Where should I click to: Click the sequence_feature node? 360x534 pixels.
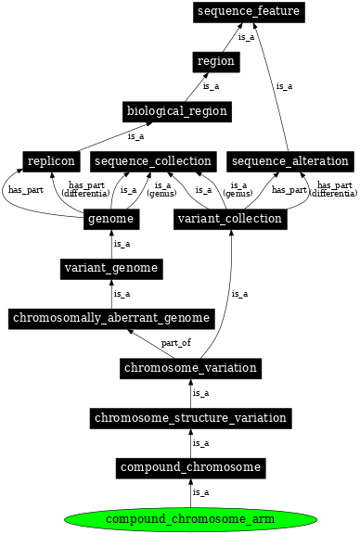249,11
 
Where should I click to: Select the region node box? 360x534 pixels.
216,61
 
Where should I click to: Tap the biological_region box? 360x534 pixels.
176,111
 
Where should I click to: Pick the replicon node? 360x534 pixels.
51,161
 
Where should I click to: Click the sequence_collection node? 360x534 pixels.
152,161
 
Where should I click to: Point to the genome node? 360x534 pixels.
111,219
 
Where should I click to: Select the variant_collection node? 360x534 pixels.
228,219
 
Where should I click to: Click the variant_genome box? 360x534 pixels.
111,269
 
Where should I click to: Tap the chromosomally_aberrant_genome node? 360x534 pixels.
111,319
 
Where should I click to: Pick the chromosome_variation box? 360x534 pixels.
189,368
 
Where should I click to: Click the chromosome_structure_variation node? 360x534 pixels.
189,418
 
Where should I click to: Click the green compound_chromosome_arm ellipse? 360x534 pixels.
189,518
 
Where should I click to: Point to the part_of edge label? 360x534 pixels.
175,343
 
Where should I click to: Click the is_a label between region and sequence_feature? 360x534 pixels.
246,37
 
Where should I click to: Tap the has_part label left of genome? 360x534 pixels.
25,190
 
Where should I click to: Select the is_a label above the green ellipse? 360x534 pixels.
199,492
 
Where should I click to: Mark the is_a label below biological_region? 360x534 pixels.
135,136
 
